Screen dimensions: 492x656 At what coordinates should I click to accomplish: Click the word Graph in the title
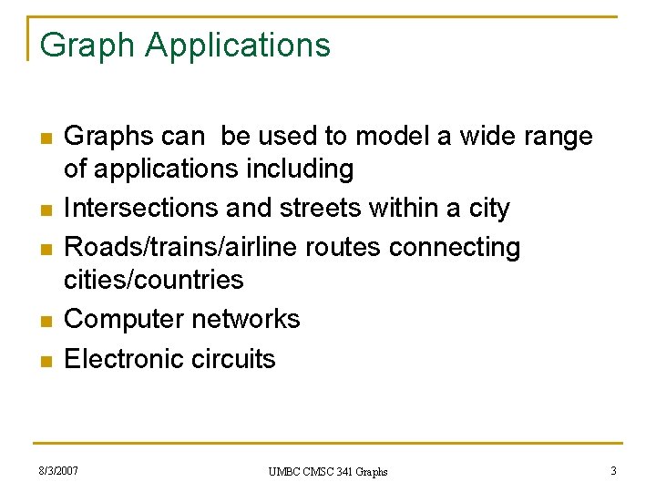pos(87,45)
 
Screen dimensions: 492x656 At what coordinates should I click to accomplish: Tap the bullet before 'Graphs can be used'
pos(44,138)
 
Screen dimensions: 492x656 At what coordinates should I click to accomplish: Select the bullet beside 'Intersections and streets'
pos(44,210)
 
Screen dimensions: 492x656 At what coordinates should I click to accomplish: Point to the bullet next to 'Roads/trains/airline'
pos(44,249)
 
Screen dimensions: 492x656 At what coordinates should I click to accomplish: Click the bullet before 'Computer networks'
pos(44,321)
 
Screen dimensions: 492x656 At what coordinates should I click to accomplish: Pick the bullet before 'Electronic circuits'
pos(44,360)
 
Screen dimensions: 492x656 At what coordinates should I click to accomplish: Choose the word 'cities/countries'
pos(154,279)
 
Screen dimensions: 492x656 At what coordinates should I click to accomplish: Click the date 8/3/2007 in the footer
pos(58,471)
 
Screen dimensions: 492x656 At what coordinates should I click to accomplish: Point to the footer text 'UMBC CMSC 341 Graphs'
pos(328,472)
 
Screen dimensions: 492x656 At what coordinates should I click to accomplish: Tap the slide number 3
pos(613,471)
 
